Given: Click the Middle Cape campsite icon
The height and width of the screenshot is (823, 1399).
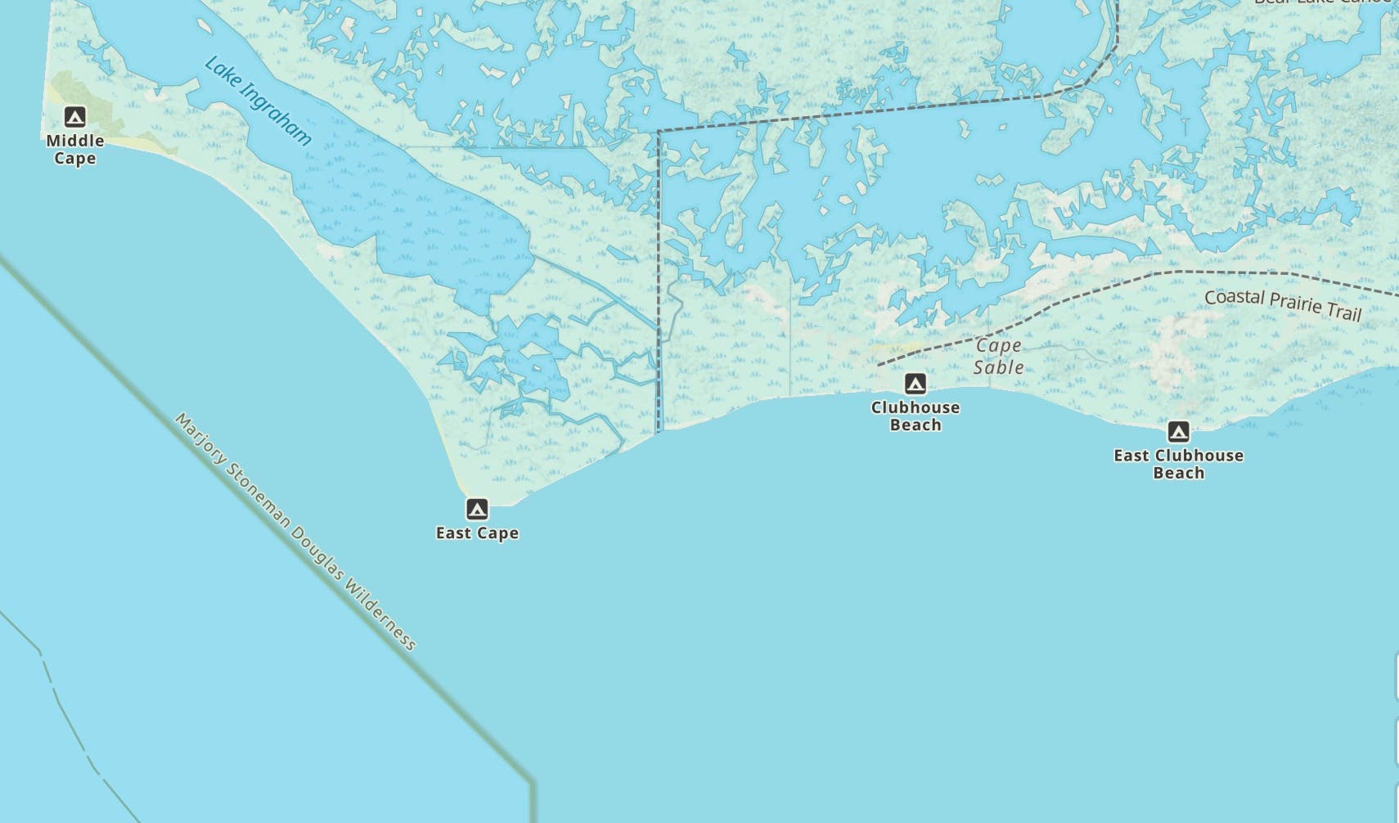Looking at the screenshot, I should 74,117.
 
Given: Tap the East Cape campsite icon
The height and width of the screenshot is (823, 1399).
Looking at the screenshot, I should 477,510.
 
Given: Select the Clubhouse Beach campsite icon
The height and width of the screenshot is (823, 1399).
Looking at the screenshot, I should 915,384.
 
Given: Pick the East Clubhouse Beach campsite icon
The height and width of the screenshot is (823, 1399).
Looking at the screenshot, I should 1178,431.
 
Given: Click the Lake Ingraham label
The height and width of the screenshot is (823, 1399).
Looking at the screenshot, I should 258,101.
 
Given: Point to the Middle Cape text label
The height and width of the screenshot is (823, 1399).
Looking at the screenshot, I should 74,150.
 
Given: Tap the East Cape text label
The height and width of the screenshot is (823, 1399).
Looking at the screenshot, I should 477,533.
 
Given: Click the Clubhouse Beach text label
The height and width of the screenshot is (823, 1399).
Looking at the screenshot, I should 915,416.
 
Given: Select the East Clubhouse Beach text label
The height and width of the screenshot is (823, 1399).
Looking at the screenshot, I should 1178,464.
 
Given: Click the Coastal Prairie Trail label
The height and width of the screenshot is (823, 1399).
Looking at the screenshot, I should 1283,304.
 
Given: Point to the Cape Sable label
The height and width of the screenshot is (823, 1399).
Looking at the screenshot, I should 998,357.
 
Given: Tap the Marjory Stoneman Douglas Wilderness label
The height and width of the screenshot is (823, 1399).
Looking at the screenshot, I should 295,531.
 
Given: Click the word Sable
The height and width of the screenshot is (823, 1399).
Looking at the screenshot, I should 998,367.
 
